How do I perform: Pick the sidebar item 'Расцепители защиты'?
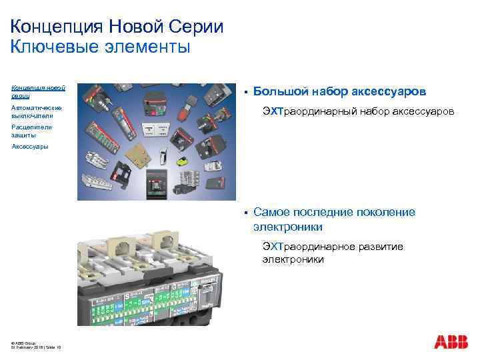[31, 130]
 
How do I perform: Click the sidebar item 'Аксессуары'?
[30, 147]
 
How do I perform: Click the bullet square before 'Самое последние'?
[245, 213]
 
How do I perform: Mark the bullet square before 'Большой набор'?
[245, 91]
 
